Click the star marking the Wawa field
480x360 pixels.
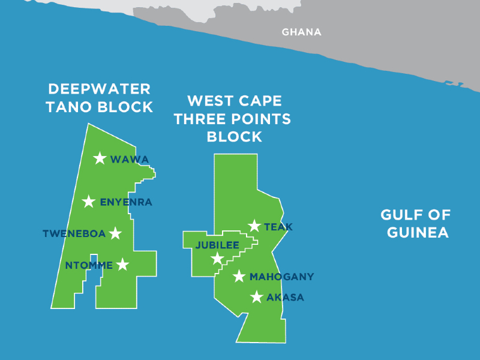100,158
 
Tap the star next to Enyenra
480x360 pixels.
89,202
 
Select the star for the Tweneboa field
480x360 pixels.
115,233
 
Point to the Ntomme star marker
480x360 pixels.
122,265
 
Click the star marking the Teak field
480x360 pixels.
254,226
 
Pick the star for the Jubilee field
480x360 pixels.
217,259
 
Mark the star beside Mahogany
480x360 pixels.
239,277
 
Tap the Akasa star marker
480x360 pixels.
257,297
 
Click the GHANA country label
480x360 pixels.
302,32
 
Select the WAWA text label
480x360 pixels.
130,159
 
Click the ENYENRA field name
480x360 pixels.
126,202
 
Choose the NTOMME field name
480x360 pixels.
89,265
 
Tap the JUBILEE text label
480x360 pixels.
217,245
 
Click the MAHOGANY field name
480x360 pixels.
281,277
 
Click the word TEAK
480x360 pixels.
278,227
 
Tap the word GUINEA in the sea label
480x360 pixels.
418,232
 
